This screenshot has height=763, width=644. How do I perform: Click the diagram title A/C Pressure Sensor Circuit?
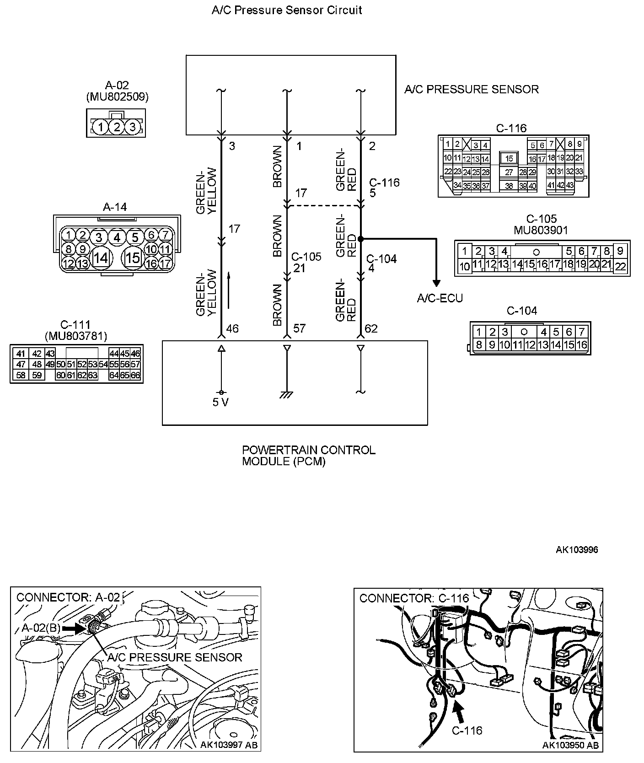287,10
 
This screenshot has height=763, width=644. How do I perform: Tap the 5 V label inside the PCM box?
220,403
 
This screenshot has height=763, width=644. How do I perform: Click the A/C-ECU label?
440,298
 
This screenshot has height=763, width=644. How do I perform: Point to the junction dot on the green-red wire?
360,239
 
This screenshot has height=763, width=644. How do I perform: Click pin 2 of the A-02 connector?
117,126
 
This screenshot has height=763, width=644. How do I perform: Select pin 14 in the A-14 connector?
100,258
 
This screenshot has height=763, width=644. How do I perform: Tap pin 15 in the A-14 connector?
133,258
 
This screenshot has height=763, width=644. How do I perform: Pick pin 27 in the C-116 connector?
509,172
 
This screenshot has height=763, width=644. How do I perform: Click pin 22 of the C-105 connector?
620,266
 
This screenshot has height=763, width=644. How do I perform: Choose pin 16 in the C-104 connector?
581,344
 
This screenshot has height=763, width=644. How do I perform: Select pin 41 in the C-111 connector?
20,354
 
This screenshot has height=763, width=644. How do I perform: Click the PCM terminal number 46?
232,328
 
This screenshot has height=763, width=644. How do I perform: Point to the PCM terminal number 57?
299,328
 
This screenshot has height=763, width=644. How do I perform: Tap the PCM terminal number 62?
371,328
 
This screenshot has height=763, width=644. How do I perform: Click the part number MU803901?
541,230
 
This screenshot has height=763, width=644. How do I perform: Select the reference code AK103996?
577,549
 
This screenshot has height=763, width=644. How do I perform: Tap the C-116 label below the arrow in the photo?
467,731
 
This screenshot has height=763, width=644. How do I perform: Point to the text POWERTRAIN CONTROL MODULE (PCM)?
308,456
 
